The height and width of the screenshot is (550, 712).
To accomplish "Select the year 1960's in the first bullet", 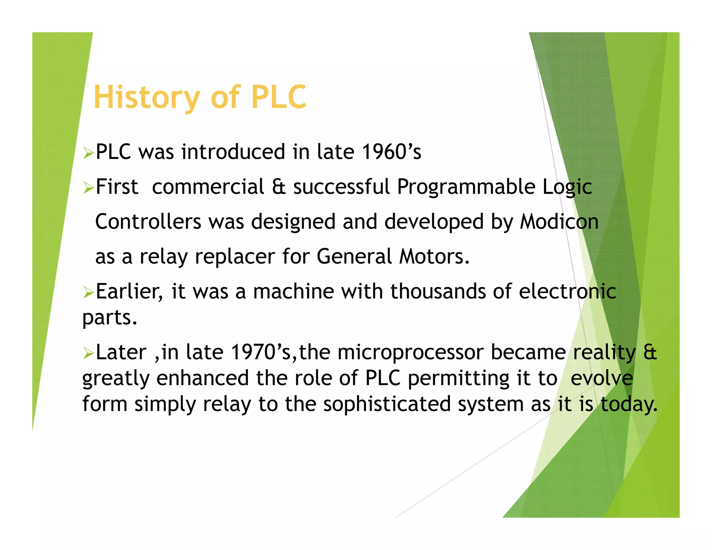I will [391, 152].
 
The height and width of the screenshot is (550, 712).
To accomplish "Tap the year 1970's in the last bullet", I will [261, 352].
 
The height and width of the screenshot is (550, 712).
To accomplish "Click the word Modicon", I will [559, 222].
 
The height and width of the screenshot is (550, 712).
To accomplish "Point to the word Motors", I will [434, 257].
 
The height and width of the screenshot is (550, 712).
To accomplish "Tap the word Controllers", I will [148, 222].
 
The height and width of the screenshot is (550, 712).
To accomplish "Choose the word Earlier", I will [129, 291].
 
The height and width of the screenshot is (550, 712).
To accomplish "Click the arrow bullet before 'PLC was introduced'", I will [88, 153].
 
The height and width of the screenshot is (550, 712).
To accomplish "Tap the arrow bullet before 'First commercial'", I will [88, 188].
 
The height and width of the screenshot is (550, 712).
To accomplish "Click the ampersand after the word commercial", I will [278, 187].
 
